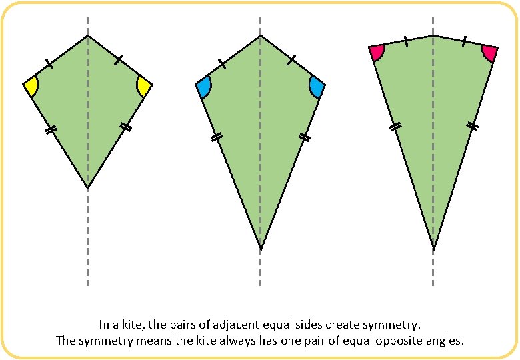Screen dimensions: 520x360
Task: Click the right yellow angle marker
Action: pyautogui.click(x=143, y=86)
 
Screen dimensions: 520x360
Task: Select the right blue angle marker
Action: pyautogui.click(x=317, y=87)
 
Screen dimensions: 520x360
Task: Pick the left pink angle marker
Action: pyautogui.click(x=377, y=52)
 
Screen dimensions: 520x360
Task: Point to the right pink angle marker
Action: pyautogui.click(x=489, y=53)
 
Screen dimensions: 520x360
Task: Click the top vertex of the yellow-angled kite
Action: pyautogui.click(x=87, y=36)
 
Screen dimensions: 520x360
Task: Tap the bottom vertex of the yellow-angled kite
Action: pyautogui.click(x=87, y=189)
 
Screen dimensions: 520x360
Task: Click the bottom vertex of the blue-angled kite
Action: pyautogui.click(x=261, y=251)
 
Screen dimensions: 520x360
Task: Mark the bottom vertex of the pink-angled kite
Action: pyautogui.click(x=433, y=251)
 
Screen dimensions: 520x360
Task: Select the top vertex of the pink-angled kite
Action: pyautogui.click(x=433, y=36)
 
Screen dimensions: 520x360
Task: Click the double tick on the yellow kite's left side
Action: pyautogui.click(x=50, y=131)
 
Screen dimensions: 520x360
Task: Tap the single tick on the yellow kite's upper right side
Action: pyautogui.click(x=118, y=61)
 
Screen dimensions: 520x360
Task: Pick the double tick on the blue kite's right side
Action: pyautogui.click(x=305, y=137)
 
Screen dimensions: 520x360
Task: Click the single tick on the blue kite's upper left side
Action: pyautogui.click(x=222, y=63)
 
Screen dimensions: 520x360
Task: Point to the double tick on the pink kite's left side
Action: pyautogui.click(x=395, y=125)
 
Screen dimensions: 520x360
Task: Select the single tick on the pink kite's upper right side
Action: pyautogui.click(x=464, y=41)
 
